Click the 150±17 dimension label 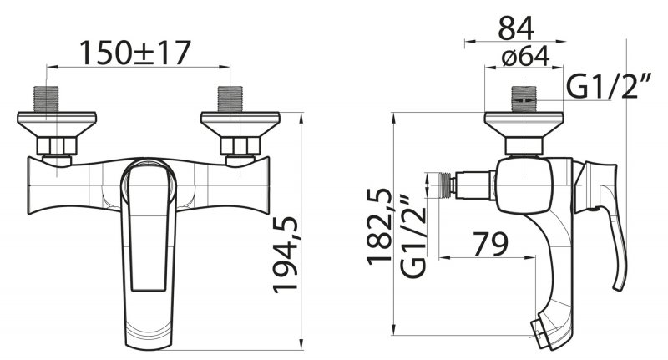pyautogui.click(x=135, y=53)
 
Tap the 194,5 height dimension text pyautogui.click(x=286, y=255)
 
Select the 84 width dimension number pyautogui.click(x=516, y=29)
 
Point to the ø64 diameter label pyautogui.click(x=526, y=56)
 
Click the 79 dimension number pyautogui.click(x=490, y=244)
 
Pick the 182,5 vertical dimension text pyautogui.click(x=380, y=226)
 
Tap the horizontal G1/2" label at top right pyautogui.click(x=610, y=86)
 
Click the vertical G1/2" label pyautogui.click(x=413, y=236)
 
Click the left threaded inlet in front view pyautogui.click(x=47, y=99)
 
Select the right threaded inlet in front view pyautogui.click(x=230, y=99)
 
